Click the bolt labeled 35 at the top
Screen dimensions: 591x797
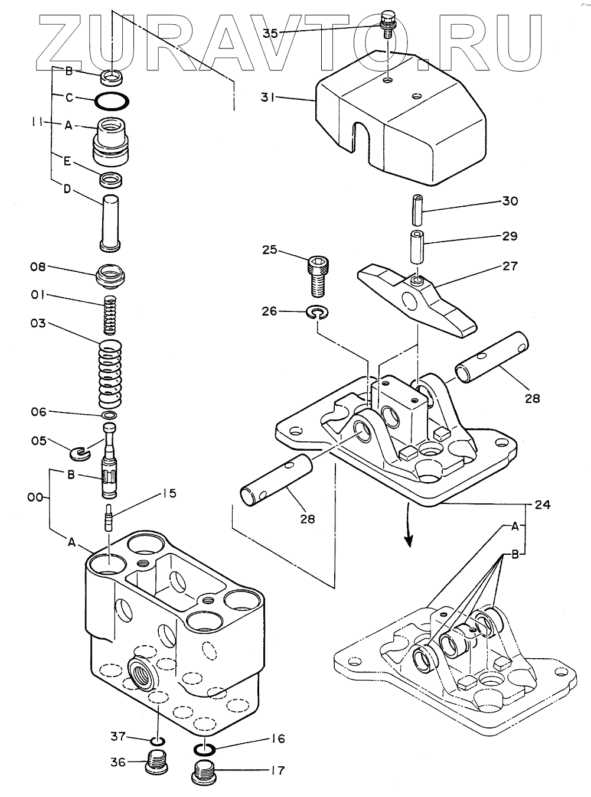(x=386, y=25)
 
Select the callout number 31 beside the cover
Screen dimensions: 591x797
(x=267, y=97)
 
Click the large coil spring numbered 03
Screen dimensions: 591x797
(x=110, y=374)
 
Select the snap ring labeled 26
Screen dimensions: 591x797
(x=317, y=313)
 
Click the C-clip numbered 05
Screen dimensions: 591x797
(x=79, y=454)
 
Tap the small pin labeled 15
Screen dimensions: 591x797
(x=109, y=518)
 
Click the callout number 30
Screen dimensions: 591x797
(x=510, y=201)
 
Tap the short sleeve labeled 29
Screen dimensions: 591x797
(x=418, y=248)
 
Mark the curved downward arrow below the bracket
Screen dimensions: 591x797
(x=409, y=524)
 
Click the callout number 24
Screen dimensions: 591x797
(x=543, y=505)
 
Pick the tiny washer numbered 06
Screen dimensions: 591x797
(x=109, y=415)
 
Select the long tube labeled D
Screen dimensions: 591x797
(x=109, y=223)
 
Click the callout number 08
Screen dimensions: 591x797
(x=38, y=267)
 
